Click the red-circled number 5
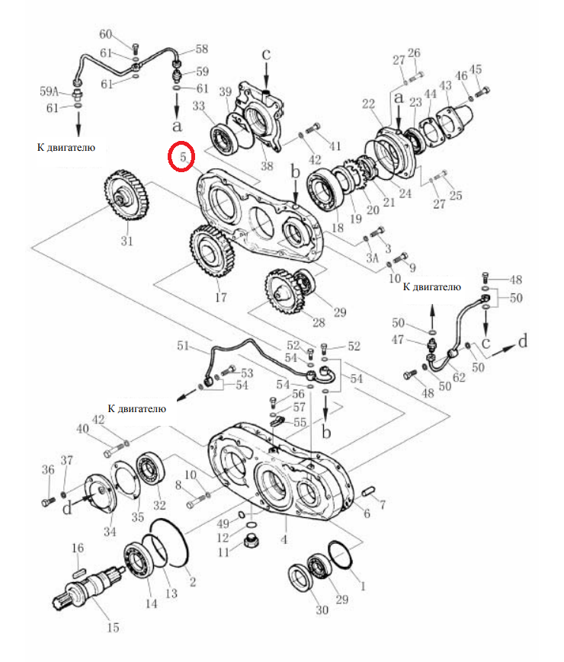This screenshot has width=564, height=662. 183,157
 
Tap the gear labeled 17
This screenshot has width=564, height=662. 212,251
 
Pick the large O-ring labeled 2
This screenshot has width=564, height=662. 170,544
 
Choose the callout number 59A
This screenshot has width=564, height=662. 49,91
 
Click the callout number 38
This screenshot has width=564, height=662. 267,165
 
